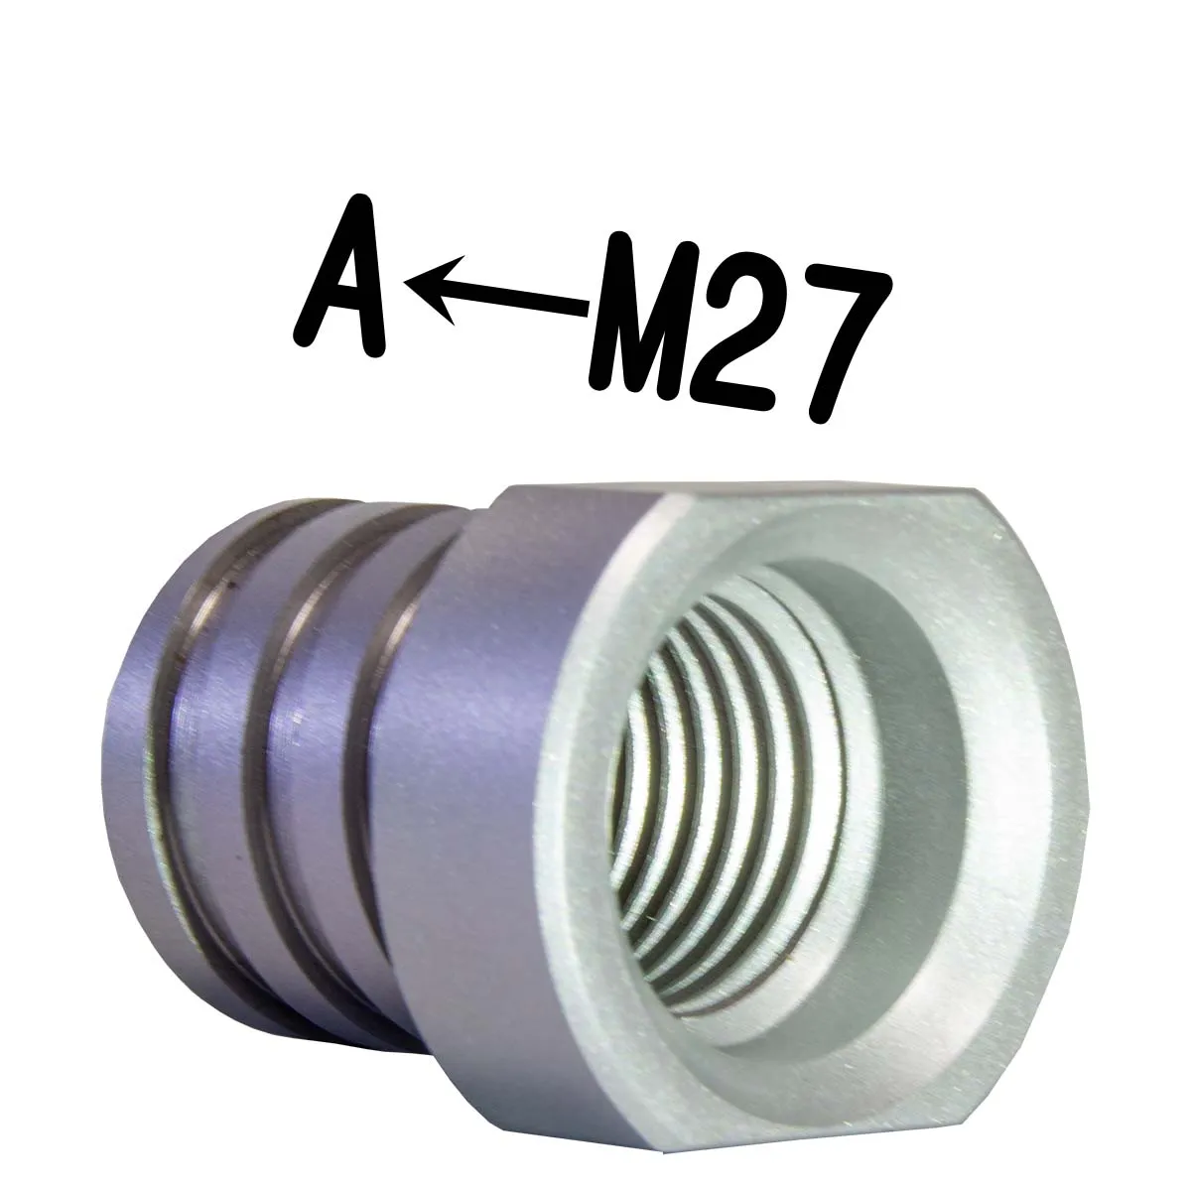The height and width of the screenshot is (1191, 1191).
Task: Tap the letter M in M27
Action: [x=646, y=316]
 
